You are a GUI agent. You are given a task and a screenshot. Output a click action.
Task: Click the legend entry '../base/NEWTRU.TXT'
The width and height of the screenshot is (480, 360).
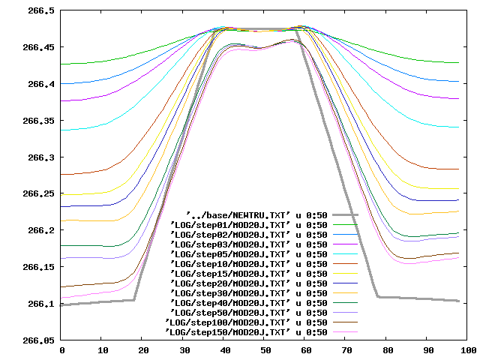[256, 214]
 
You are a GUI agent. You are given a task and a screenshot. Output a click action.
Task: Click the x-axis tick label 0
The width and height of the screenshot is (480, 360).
[62, 350]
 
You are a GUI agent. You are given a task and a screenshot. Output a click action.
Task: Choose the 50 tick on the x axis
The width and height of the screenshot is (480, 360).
[265, 350]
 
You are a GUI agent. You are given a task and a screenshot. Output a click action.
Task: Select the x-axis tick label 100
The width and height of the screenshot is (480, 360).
[468, 350]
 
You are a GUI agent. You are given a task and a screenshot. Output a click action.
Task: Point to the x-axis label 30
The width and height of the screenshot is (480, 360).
[184, 350]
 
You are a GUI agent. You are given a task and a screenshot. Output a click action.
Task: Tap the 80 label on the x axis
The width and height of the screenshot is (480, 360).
[387, 350]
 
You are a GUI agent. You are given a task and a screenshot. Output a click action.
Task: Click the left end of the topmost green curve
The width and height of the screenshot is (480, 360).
[62, 64]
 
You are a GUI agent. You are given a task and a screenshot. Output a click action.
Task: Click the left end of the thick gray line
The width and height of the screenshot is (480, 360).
[62, 305]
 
